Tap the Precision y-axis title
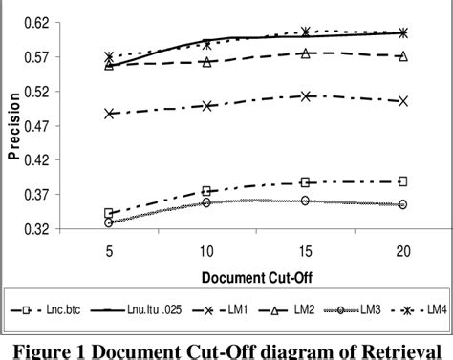11,124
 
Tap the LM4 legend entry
427,310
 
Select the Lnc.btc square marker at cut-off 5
109,214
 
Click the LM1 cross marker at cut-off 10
206,105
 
